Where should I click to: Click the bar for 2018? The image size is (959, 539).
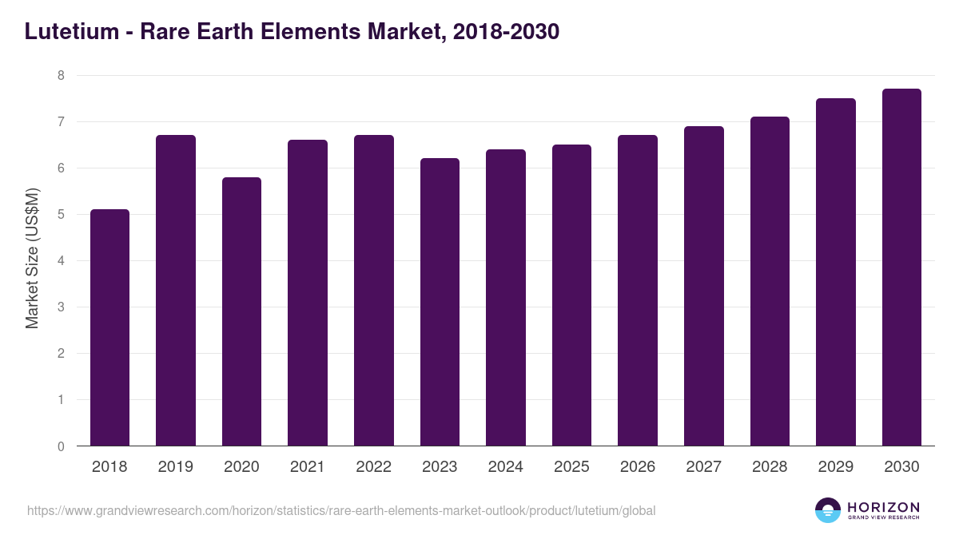(109, 327)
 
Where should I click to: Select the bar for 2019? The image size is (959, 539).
(176, 291)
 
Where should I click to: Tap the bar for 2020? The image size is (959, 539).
(241, 311)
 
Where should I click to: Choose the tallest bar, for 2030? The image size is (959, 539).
(901, 268)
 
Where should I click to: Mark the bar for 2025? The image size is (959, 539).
(571, 295)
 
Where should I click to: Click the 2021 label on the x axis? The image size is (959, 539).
(308, 467)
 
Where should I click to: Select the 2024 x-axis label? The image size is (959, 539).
(506, 467)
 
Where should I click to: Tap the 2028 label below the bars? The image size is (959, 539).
(770, 467)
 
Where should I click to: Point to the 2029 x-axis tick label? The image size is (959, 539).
(836, 467)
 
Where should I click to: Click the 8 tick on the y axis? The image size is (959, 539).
(59, 76)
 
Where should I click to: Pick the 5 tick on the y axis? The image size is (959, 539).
(59, 215)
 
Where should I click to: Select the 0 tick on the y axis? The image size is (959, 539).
(59, 446)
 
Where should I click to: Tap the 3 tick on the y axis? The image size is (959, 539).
(59, 307)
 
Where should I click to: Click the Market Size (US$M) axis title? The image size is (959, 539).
(32, 258)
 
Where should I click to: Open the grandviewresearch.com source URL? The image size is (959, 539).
(341, 510)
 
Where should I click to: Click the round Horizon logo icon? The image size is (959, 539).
(827, 510)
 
